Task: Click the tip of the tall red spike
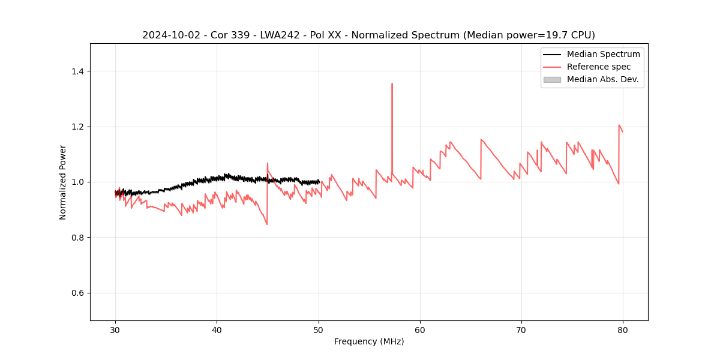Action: pos(392,84)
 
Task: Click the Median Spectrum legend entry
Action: pos(603,54)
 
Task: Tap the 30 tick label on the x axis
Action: pos(116,330)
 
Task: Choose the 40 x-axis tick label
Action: pos(217,330)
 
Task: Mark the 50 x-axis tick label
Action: pos(319,330)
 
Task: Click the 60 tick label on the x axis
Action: pos(420,330)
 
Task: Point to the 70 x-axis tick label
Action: pos(521,330)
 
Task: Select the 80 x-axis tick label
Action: pos(623,330)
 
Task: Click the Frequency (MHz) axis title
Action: pos(369,341)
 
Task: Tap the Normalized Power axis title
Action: pos(63,182)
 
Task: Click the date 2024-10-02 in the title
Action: pos(168,35)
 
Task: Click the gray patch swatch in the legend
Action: pos(552,79)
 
